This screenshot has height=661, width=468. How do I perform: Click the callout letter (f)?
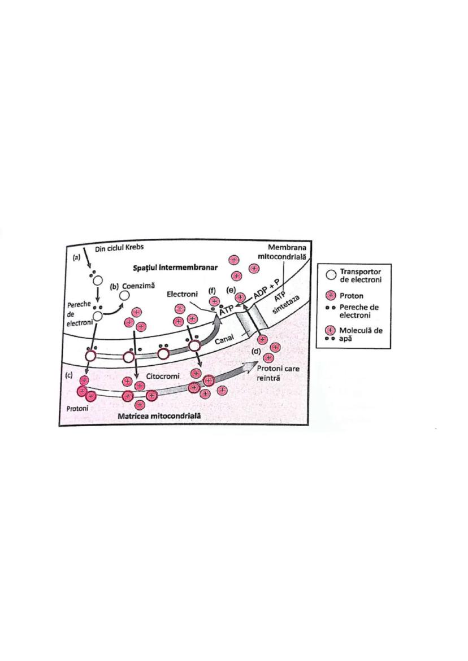213,290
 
